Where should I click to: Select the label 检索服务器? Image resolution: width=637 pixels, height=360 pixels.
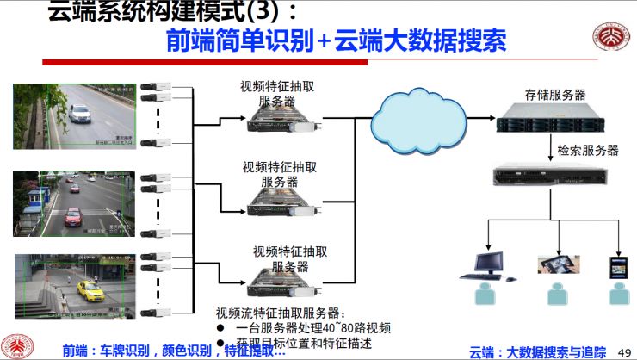point(588,150)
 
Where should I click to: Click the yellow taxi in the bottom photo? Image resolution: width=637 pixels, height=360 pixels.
point(90,290)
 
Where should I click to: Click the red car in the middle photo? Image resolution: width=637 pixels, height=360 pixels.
point(73,215)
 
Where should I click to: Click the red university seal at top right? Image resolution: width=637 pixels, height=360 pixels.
point(610,36)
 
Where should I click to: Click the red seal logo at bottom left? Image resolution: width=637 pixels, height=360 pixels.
point(17,345)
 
